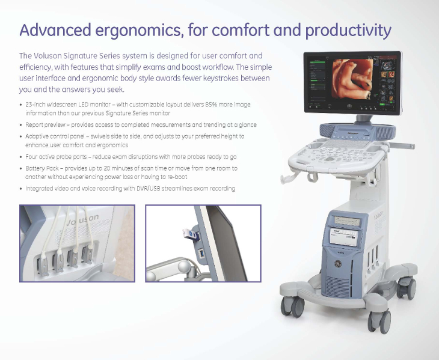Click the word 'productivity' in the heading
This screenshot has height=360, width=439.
click(348, 31)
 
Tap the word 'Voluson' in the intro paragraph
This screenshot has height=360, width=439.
click(48, 56)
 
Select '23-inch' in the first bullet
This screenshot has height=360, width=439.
click(35, 105)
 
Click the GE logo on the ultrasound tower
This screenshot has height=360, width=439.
click(338, 263)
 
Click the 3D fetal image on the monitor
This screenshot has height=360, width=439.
click(352, 79)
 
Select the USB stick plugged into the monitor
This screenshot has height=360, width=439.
click(191, 234)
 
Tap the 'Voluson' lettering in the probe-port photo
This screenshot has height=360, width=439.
click(82, 219)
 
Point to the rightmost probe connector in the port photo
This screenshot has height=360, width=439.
click(88, 253)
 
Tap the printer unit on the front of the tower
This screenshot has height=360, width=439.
click(345, 237)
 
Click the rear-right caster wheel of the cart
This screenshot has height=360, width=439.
click(407, 288)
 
